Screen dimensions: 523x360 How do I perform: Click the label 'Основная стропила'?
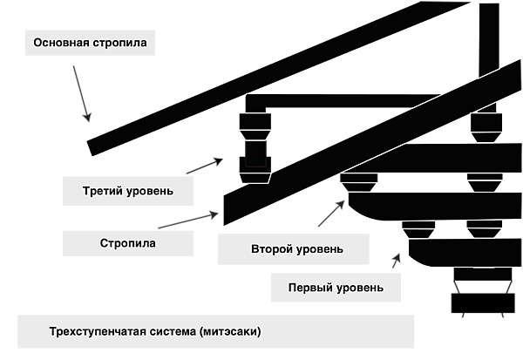point(90,43)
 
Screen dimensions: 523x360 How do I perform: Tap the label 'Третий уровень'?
point(128,191)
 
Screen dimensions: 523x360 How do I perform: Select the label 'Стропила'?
point(128,243)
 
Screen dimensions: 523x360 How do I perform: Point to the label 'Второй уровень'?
point(297,249)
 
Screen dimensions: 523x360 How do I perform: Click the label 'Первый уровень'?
point(336,288)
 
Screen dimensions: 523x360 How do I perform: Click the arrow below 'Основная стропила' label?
point(82,94)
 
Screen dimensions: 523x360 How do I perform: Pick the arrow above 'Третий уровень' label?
point(205,166)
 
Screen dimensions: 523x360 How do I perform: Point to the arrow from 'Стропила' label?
point(188,221)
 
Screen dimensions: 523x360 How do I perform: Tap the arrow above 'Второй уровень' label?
point(331,214)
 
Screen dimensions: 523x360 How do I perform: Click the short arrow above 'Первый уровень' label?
point(397,261)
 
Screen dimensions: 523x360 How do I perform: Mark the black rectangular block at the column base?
point(483,303)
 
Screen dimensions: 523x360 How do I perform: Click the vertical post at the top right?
point(489,40)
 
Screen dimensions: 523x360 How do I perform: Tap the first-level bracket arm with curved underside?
point(465,253)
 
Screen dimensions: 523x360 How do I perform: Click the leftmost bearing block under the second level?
point(359,183)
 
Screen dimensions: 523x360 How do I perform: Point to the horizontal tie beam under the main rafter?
point(340,101)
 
